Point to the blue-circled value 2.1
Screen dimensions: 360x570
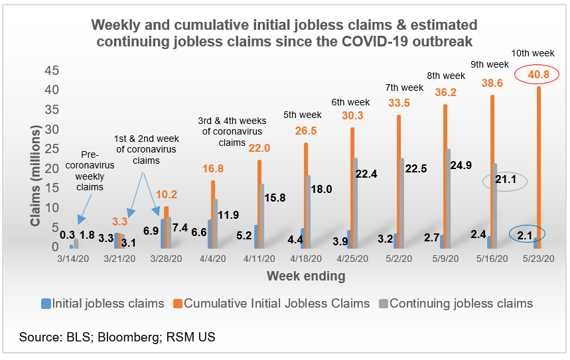pyautogui.click(x=526, y=234)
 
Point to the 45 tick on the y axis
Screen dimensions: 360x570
pyautogui.click(x=51, y=70)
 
